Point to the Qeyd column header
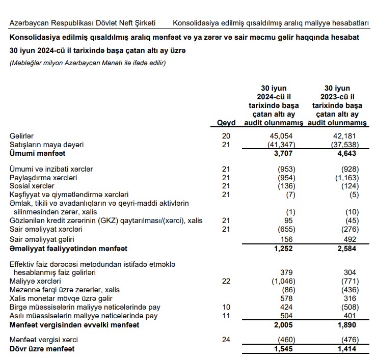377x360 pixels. [226, 123]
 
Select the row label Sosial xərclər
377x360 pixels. [32, 186]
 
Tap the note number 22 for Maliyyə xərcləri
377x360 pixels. [227, 281]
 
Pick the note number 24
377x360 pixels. [227, 340]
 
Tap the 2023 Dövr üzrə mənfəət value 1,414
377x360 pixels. [349, 349]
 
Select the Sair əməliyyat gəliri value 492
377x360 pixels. [351, 239]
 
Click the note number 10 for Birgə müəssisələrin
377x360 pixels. [227, 307]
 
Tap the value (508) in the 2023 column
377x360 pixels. [349, 307]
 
